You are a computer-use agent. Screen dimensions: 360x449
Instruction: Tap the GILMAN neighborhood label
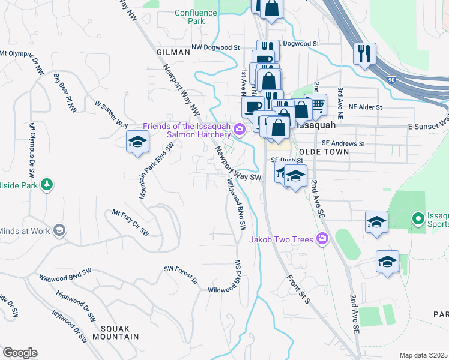pos(173,52)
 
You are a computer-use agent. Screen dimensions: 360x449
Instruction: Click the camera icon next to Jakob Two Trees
pos(322,239)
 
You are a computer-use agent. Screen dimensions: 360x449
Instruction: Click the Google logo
pos(20,353)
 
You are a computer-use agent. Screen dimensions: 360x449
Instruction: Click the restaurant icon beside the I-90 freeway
pos(364,54)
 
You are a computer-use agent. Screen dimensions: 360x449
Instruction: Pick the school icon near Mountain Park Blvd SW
pos(137,143)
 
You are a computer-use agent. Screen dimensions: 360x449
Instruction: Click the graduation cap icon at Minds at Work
pos(59,230)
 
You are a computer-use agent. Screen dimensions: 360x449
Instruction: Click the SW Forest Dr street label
pos(181,275)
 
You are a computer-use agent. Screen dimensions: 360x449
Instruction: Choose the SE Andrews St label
pos(343,143)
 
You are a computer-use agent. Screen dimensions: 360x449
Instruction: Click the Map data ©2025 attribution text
pos(423,355)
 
